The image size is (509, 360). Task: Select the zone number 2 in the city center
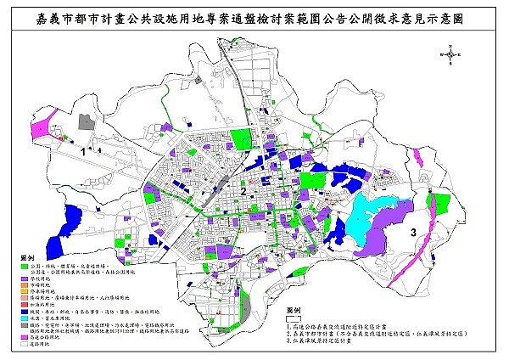[243, 193]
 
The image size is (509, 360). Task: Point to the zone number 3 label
[412, 231]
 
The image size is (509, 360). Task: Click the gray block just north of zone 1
[84, 122]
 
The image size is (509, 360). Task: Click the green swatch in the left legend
[21, 265]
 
